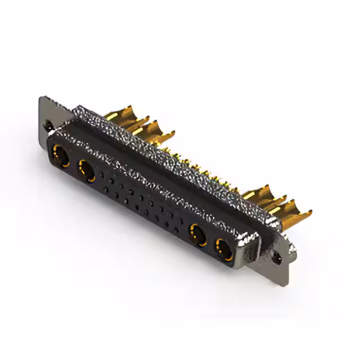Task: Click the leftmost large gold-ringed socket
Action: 60,155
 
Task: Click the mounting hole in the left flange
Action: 50,125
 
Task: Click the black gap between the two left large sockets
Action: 74,163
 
